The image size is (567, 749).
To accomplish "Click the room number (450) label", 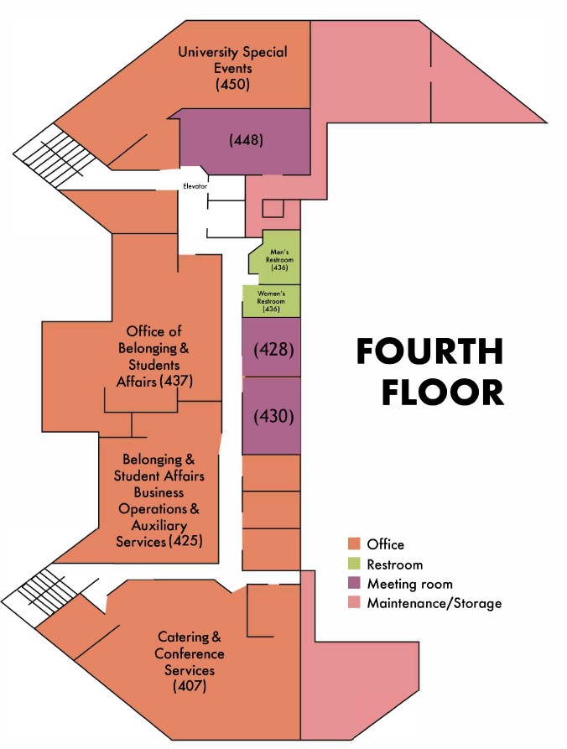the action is pos(232,85).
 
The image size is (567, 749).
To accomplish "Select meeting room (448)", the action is pos(245,142).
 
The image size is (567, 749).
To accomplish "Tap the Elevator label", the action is pos(195,186).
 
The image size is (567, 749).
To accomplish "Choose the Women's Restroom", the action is pos(271,301).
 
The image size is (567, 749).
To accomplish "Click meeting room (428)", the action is pos(271,347).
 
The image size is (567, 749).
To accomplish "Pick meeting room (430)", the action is pos(271,415).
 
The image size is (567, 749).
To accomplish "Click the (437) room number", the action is pos(176,382).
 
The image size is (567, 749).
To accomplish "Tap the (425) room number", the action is pos(186,541).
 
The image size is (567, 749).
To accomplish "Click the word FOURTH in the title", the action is pos(430,351).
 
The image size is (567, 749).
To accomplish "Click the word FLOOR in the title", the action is pos(442,393).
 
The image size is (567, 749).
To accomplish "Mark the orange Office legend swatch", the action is pos(354,544).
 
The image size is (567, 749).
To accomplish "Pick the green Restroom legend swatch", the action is pos(354,564).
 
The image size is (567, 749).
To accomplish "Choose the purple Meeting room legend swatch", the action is pos(354,583).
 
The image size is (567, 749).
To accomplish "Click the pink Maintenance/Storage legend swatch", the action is pos(354,603).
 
